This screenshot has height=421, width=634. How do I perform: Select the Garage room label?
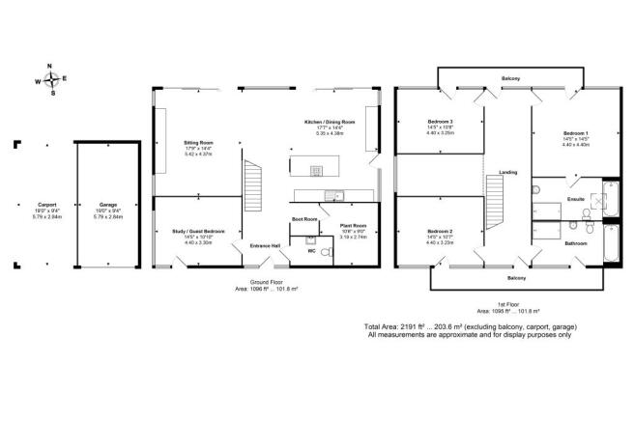108,205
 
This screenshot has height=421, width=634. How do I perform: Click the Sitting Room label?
198,142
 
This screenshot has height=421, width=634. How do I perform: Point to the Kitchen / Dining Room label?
330,123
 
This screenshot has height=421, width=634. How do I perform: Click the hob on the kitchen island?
316,171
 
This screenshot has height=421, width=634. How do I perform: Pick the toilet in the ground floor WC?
324,252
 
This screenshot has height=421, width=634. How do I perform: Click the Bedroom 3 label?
441,123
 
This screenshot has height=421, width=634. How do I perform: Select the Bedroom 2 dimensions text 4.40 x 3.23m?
441,242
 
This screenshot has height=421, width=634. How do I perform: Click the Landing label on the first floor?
507,173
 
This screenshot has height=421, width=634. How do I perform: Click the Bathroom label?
579,243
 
